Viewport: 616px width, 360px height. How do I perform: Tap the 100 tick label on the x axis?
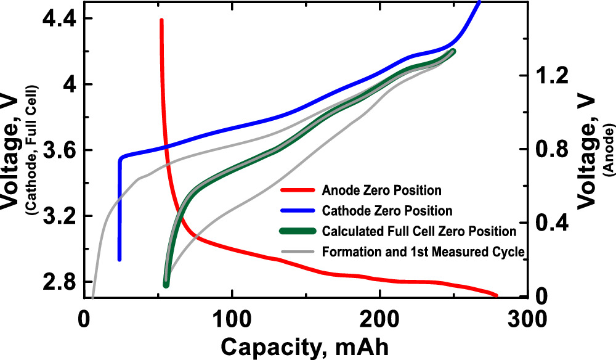point(232,320)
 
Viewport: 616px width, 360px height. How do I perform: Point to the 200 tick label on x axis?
point(380,320)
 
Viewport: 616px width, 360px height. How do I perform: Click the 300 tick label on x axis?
point(528,320)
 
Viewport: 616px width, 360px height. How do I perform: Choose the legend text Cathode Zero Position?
point(387,211)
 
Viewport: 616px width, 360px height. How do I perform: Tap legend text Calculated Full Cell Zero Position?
point(419,232)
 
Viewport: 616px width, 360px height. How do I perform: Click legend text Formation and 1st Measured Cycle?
point(423,252)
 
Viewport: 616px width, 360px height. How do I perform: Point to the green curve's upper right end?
point(453,51)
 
